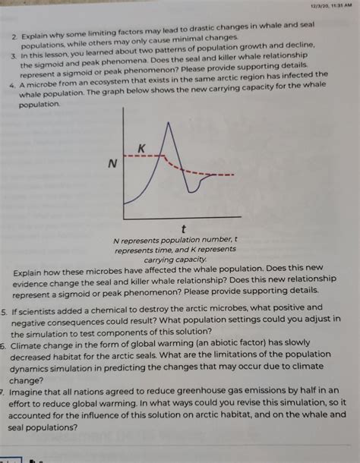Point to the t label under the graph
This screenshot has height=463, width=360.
click(x=175, y=228)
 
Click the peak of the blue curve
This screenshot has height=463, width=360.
click(x=167, y=123)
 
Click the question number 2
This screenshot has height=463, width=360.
click(x=14, y=36)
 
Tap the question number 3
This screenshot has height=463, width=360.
click(x=14, y=57)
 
